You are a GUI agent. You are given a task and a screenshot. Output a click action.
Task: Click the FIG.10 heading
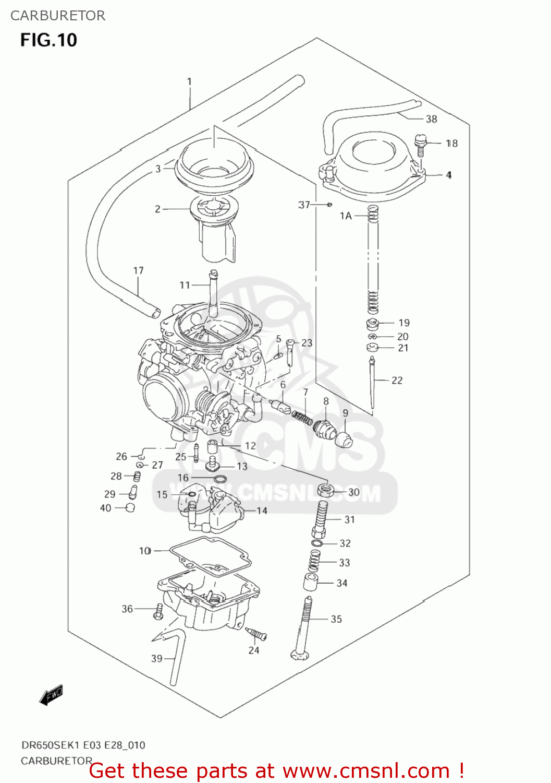click(48, 40)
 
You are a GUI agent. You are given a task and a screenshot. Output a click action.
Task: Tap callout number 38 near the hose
click(431, 119)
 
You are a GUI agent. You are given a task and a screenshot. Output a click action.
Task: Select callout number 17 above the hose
click(138, 270)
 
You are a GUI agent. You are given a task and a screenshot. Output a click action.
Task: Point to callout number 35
click(336, 619)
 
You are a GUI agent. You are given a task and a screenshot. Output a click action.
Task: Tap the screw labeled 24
click(256, 635)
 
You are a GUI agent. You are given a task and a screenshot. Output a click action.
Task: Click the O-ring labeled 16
click(221, 479)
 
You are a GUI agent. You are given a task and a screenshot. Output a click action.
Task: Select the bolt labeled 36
click(158, 611)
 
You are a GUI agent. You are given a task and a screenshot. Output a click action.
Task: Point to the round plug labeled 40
click(130, 507)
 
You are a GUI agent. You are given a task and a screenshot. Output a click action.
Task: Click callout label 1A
click(346, 216)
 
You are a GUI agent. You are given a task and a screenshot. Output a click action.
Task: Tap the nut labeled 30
click(326, 491)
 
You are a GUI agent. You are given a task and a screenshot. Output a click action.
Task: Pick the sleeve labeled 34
click(311, 582)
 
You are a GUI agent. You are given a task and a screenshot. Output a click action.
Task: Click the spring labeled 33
click(314, 562)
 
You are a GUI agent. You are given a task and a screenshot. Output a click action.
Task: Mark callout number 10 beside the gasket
click(145, 551)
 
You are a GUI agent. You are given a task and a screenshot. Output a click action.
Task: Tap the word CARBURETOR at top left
click(58, 16)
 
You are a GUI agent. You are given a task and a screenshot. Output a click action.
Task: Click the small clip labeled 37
click(329, 205)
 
